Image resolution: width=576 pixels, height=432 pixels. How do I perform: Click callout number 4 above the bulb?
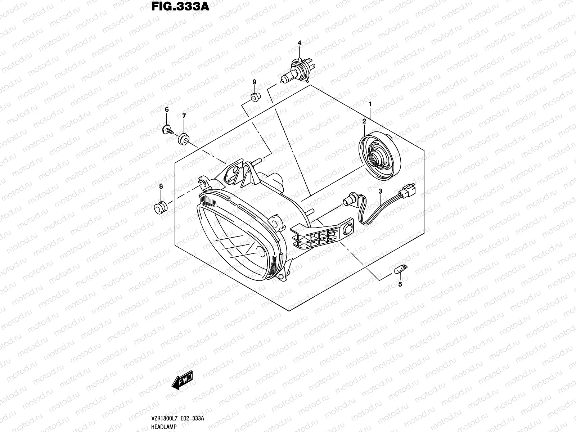(x=299, y=43)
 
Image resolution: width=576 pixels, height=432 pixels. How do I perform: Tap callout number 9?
(x=254, y=82)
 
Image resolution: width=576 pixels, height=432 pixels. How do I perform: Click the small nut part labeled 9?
(x=254, y=96)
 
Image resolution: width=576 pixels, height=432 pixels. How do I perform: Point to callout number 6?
(x=167, y=109)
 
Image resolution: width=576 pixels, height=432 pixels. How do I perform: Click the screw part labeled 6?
(x=168, y=130)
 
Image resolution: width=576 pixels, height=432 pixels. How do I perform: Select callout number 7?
(x=184, y=116)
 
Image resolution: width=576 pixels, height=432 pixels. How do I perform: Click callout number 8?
(x=161, y=186)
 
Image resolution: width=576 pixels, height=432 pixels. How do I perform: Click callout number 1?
(x=369, y=104)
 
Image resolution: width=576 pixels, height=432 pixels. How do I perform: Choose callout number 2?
(x=364, y=122)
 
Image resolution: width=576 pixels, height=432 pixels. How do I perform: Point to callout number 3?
(x=380, y=192)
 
